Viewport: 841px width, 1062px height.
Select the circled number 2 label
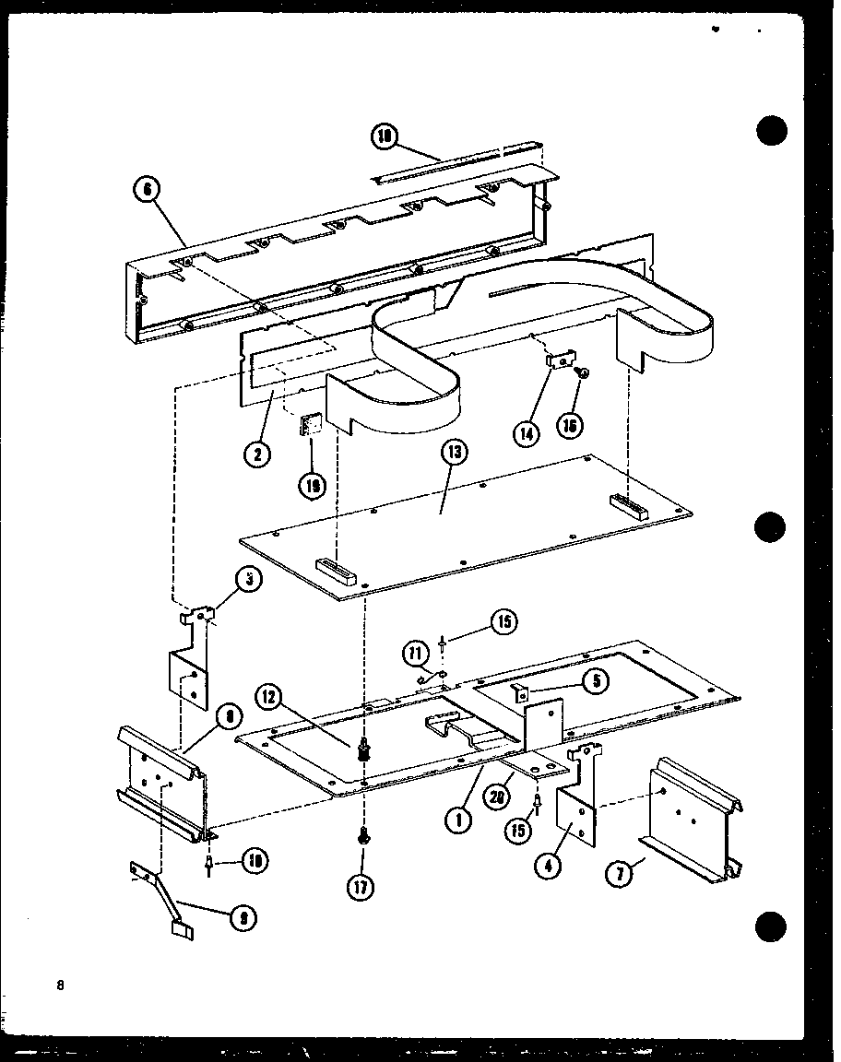pos(257,454)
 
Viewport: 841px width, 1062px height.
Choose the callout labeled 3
pos(246,580)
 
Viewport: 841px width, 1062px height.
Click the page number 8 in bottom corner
pos(61,985)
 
